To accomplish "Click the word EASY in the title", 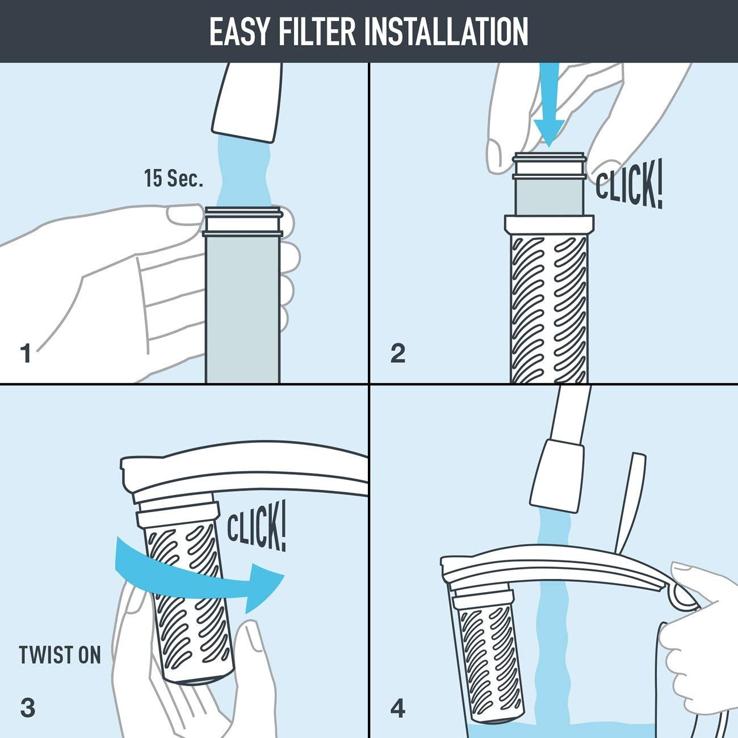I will tap(240, 31).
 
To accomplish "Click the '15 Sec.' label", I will tap(173, 179).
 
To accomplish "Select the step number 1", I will tap(26, 353).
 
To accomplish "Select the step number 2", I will tap(398, 353).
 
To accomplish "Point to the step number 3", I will tap(27, 708).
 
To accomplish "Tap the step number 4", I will tap(398, 708).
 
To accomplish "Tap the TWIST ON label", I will tap(60, 655).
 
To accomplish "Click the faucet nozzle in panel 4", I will tap(556, 474).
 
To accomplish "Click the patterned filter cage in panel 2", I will tap(549, 307).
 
